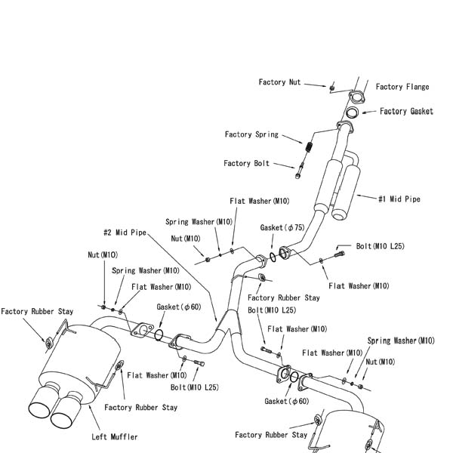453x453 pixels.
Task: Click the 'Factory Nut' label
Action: pyautogui.click(x=279, y=82)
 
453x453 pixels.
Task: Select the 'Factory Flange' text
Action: pyautogui.click(x=402, y=87)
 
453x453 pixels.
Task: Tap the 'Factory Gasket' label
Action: pyautogui.click(x=406, y=111)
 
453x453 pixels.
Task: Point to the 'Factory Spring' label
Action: pyautogui.click(x=251, y=134)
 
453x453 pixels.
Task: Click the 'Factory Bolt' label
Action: pyautogui.click(x=246, y=163)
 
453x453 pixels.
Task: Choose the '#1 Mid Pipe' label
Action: pyautogui.click(x=399, y=199)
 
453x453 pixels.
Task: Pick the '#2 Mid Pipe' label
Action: pyautogui.click(x=125, y=233)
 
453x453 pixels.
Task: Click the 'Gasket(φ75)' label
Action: pyautogui.click(x=282, y=227)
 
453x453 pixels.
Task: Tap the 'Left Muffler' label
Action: pyautogui.click(x=114, y=436)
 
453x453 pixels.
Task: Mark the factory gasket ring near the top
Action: pyautogui.click(x=353, y=113)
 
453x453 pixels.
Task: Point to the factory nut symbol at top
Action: pyautogui.click(x=331, y=88)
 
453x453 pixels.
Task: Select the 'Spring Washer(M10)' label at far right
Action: pyautogui.click(x=401, y=341)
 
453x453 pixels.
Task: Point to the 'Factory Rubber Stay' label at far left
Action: pyautogui.click(x=37, y=311)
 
